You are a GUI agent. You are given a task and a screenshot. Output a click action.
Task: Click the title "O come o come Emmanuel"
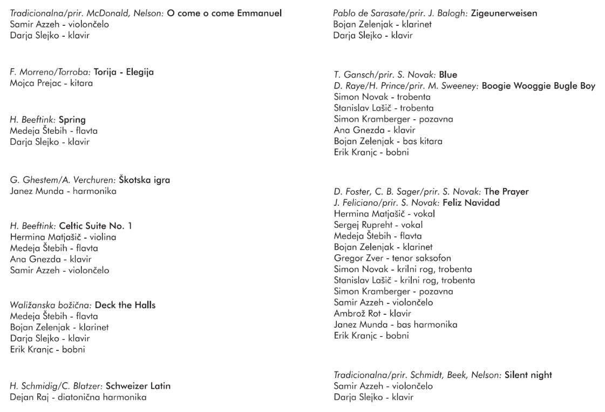pos(224,13)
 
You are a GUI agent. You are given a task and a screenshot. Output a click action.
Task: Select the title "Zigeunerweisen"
pos(504,13)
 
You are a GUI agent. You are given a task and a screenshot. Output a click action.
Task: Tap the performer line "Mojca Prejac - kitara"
pos(51,83)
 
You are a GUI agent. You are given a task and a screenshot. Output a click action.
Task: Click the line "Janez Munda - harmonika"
pos(63,191)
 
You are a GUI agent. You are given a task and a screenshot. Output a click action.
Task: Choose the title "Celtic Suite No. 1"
pos(95,226)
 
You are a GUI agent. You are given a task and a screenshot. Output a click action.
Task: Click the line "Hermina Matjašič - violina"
pos(63,237)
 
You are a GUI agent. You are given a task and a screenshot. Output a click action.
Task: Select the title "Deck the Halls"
pos(125,305)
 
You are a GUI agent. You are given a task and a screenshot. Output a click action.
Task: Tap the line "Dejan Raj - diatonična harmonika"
pos(78,397)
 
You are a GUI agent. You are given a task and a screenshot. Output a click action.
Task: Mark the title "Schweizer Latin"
pos(138,386)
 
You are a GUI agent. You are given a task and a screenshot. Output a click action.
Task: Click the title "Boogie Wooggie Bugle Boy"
pos(538,86)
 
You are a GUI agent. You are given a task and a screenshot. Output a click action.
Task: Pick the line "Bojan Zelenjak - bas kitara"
pos(388,141)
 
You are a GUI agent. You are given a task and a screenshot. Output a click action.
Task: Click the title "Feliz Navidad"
pos(471,202)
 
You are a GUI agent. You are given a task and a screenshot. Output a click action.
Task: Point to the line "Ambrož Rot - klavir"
pos(372,313)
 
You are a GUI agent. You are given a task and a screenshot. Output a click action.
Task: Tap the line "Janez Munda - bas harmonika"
pos(396,325)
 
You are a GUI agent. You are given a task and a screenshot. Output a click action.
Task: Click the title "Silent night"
pos(528,375)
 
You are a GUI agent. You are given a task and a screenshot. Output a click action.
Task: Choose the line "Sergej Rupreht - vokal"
pos(378,225)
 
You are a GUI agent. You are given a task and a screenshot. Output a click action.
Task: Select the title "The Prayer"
pos(506,192)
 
